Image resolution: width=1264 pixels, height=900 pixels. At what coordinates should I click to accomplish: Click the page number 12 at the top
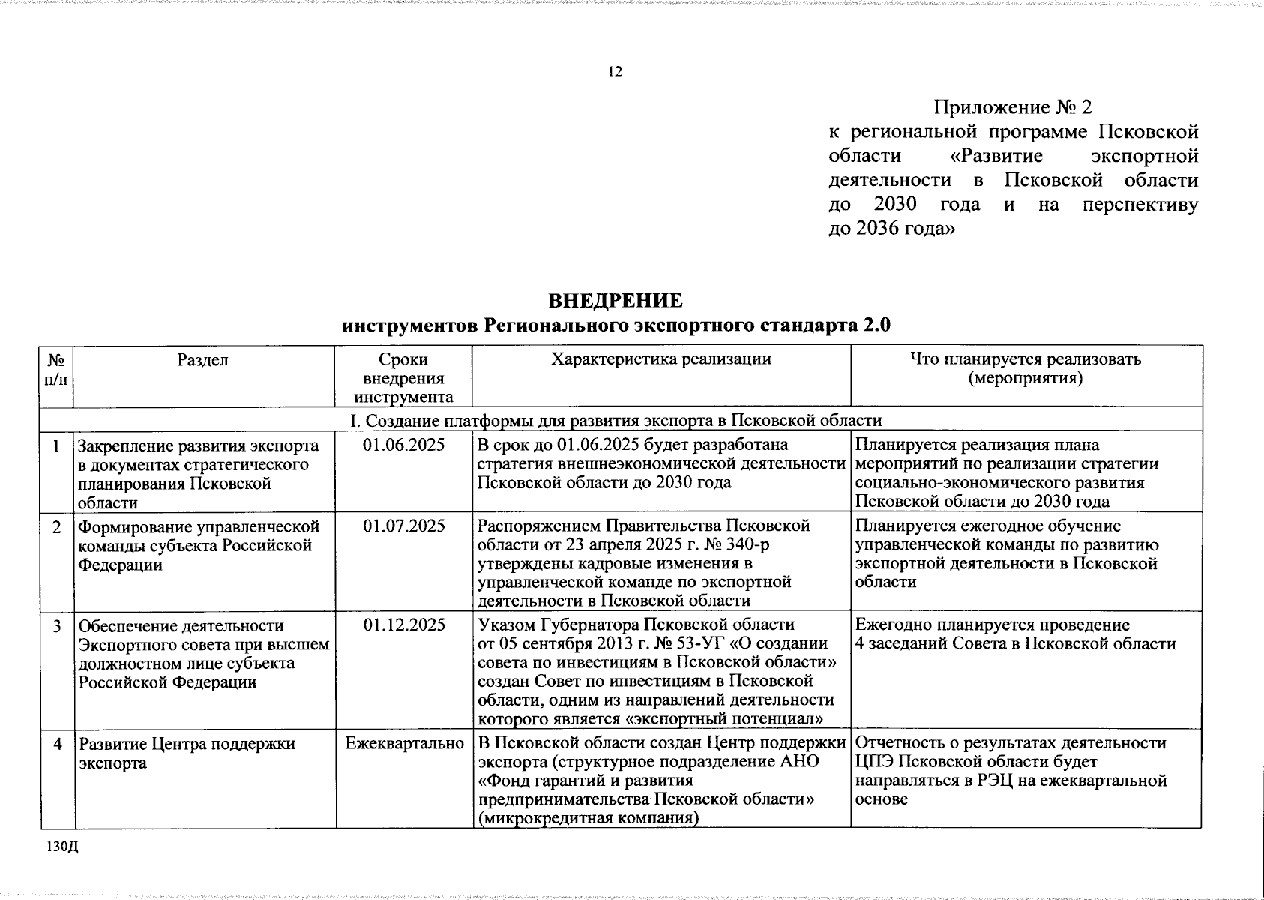click(x=615, y=72)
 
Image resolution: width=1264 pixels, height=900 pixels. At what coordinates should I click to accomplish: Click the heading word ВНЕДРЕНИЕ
click(x=616, y=301)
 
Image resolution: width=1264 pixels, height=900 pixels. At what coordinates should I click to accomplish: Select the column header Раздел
click(x=203, y=359)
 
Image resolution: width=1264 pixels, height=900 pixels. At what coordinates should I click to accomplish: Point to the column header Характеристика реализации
click(x=661, y=358)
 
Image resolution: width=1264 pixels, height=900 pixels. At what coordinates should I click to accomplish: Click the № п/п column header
click(x=55, y=369)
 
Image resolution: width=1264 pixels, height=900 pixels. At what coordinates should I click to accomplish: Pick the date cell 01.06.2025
click(x=404, y=445)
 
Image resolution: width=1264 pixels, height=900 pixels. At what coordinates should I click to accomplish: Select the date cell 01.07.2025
click(x=404, y=526)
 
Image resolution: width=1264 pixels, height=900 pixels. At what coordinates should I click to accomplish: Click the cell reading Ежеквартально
click(x=404, y=744)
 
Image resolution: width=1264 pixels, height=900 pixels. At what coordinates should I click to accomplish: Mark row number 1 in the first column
click(x=57, y=445)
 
